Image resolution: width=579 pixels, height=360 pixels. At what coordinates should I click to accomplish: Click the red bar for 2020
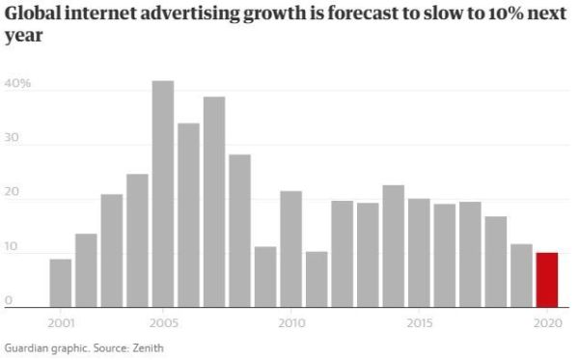(x=547, y=280)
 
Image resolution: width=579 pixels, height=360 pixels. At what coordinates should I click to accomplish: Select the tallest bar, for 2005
(x=163, y=194)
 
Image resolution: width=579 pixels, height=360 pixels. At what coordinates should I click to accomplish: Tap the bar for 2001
(x=61, y=283)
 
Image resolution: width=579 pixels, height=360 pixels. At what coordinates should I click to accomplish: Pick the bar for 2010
(x=291, y=249)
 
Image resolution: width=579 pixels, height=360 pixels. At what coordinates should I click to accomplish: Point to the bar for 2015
(x=419, y=253)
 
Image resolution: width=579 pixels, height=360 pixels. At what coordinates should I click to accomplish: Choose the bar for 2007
(x=214, y=202)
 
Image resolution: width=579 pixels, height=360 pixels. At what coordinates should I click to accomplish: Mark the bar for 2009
(x=265, y=277)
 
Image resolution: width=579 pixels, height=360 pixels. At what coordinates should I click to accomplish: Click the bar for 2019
(x=521, y=275)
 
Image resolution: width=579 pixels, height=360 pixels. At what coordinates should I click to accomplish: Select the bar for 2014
(x=394, y=246)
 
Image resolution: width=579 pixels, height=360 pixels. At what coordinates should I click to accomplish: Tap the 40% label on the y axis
(x=17, y=83)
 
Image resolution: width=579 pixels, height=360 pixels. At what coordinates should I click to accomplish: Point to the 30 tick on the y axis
(x=12, y=138)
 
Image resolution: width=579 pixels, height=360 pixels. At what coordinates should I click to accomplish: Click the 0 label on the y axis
(x=9, y=300)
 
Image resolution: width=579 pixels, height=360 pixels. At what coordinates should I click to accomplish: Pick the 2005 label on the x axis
(x=164, y=324)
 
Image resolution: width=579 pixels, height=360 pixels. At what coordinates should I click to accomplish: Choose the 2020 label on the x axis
(x=548, y=324)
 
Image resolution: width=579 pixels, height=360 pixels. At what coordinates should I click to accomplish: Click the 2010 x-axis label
(x=291, y=324)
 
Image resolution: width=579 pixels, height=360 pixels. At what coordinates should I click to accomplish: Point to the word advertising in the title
(x=191, y=14)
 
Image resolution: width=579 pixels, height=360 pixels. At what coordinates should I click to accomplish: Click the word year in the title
(x=24, y=36)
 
